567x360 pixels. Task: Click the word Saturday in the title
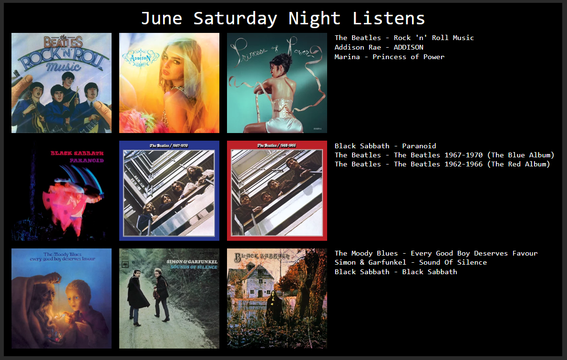[236, 19]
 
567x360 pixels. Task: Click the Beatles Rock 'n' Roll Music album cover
[62, 83]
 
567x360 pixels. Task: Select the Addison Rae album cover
[169, 83]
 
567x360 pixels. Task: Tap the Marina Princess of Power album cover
[277, 83]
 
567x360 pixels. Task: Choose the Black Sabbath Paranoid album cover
[62, 190]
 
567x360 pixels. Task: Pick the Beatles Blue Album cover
[169, 190]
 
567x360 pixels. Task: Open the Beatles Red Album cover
[277, 190]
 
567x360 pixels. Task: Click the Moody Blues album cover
[62, 298]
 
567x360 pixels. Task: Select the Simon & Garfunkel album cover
[169, 298]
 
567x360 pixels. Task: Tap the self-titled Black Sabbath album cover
[277, 298]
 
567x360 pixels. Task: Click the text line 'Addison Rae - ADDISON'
[379, 47]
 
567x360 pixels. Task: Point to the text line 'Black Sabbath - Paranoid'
[385, 145]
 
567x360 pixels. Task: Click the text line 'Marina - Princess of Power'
[390, 57]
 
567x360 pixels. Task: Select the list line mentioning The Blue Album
[444, 155]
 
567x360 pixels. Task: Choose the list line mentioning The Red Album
[442, 164]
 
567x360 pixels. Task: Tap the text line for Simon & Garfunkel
[411, 262]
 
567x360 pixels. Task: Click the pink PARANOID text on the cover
[87, 160]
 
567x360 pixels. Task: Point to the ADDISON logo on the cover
[141, 58]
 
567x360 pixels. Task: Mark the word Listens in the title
[388, 19]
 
